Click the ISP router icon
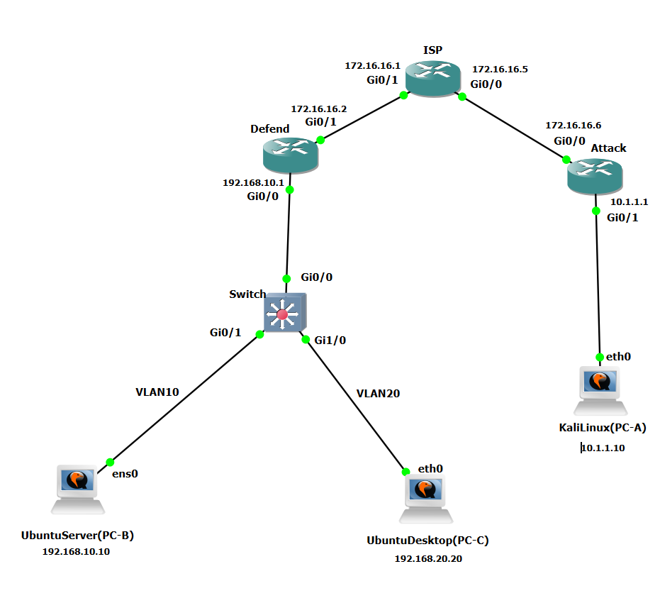(432, 79)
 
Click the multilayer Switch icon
(284, 313)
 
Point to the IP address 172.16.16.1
(373, 65)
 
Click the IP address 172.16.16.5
(500, 69)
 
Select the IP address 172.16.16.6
(573, 125)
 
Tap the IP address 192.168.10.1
(253, 182)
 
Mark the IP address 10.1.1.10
(603, 448)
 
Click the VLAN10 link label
(157, 391)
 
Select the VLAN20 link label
(378, 393)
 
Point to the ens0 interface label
(125, 473)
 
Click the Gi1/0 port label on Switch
(330, 340)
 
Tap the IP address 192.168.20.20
(428, 558)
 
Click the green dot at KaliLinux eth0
(600, 356)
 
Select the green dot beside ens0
(110, 462)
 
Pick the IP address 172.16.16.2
(319, 109)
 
